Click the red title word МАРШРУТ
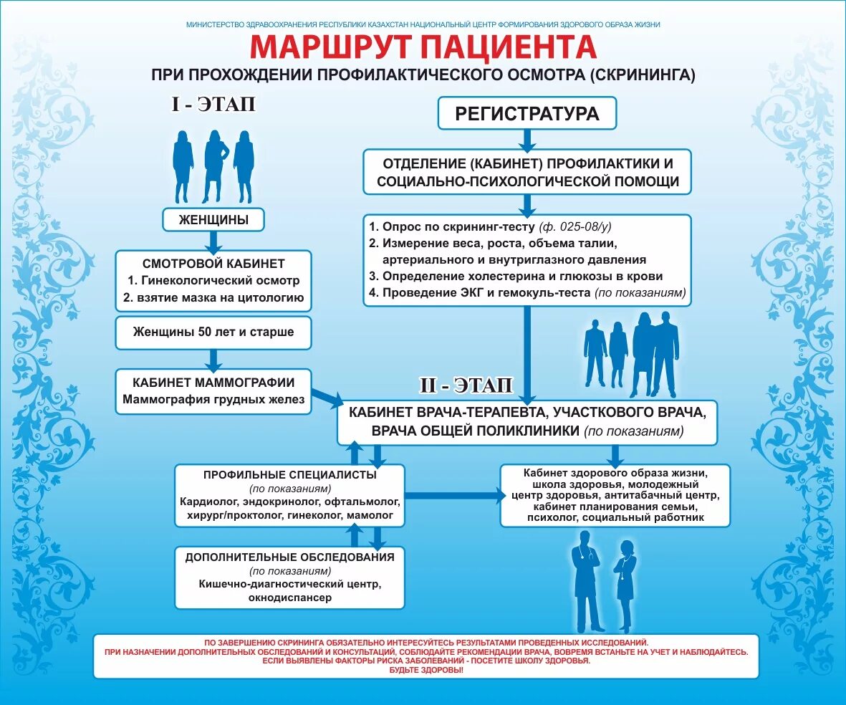coord(332,47)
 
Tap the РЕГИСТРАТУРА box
coord(527,113)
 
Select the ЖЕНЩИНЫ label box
coord(213,220)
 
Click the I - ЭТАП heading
coord(213,105)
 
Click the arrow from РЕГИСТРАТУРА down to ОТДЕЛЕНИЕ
coord(527,138)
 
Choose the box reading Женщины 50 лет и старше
coord(213,332)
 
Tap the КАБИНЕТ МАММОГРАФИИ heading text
coord(213,383)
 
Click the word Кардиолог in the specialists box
coord(206,502)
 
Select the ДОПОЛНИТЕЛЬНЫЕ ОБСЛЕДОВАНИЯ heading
coord(289,557)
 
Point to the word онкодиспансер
coord(290,598)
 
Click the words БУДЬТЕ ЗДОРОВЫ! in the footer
coord(426,670)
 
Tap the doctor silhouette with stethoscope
coord(586,580)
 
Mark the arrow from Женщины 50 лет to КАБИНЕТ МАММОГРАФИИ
coord(213,358)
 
